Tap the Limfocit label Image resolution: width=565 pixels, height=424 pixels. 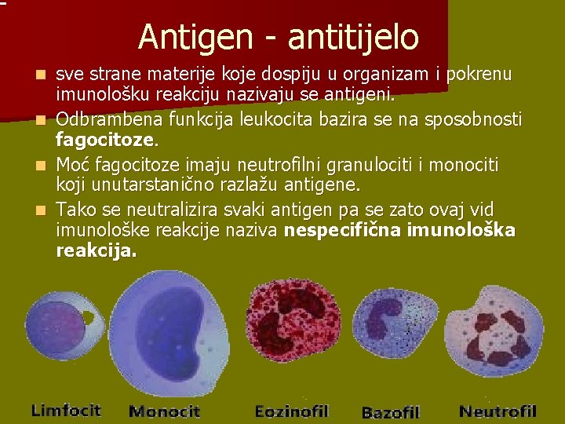coord(66,410)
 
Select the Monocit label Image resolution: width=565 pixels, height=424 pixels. coord(164,411)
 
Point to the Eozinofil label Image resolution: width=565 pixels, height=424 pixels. coord(291,411)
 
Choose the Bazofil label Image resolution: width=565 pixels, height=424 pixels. coord(390,411)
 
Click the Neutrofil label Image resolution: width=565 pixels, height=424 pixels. coord(498,411)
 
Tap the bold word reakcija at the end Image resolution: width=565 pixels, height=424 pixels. coord(95,250)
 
